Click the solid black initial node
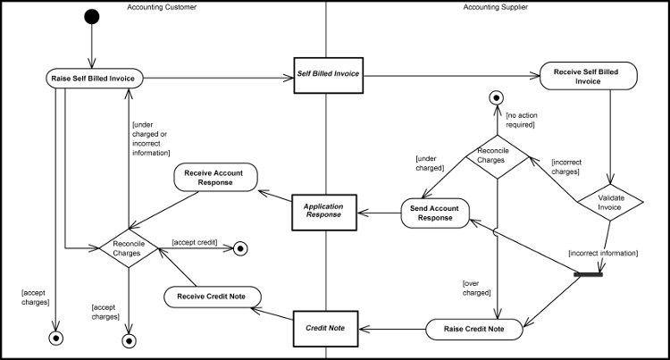pyautogui.click(x=90, y=17)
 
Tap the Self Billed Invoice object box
pyautogui.click(x=327, y=73)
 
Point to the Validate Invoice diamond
pyautogui.click(x=610, y=201)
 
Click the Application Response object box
pyautogui.click(x=323, y=210)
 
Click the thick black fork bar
pyautogui.click(x=589, y=274)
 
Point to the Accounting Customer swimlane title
pyautogui.click(x=161, y=7)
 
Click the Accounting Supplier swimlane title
pyautogui.click(x=495, y=7)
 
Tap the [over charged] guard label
pyautogui.click(x=476, y=287)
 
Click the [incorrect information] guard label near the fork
pyautogui.click(x=603, y=254)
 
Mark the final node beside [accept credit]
pyautogui.click(x=240, y=249)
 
